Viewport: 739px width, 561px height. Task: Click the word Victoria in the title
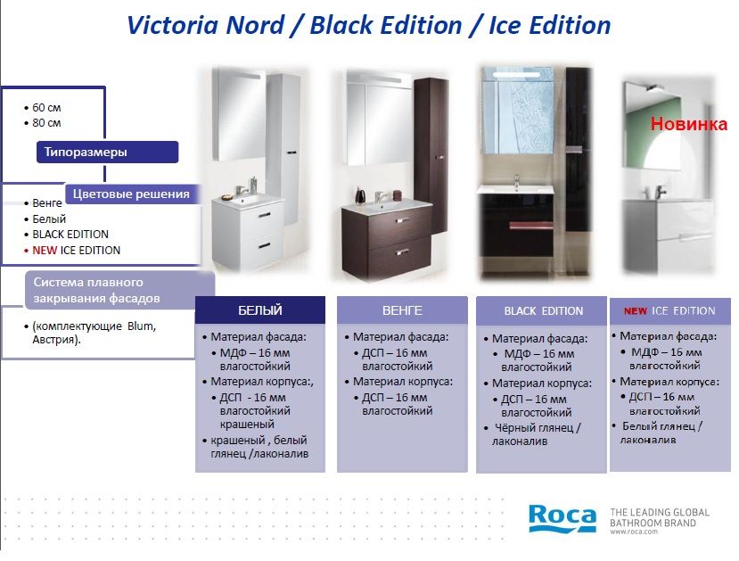click(174, 25)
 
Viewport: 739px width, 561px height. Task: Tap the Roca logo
click(562, 518)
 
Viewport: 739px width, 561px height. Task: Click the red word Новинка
click(688, 124)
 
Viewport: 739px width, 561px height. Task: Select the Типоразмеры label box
click(108, 152)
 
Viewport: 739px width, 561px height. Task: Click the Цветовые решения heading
click(132, 194)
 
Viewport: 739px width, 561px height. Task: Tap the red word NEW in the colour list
click(45, 251)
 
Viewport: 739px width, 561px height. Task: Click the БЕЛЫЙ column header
click(260, 310)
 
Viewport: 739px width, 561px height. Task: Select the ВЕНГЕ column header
click(402, 310)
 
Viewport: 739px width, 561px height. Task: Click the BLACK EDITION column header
click(544, 311)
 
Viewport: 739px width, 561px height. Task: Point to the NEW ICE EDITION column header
click(669, 310)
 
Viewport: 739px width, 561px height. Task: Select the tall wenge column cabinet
click(431, 155)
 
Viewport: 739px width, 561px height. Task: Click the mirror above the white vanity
click(239, 114)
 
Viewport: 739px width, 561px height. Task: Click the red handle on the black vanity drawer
click(530, 225)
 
